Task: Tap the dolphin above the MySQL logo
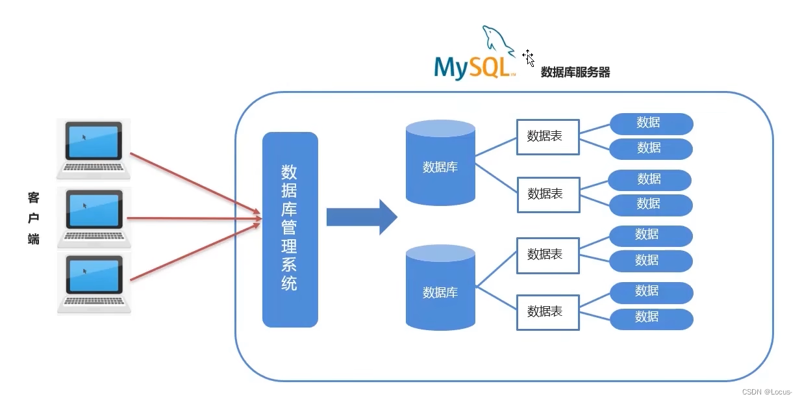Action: (497, 39)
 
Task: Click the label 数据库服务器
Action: (575, 73)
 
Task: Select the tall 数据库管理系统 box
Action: (290, 229)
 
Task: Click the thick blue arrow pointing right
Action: (361, 217)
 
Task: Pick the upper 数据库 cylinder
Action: (440, 163)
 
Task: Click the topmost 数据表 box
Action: (547, 136)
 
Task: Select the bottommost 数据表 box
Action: (547, 311)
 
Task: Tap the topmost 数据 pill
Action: (651, 123)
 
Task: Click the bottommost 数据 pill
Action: (651, 318)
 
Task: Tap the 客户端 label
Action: (34, 218)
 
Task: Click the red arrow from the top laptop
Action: (195, 183)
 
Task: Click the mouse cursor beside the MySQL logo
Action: (529, 57)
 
